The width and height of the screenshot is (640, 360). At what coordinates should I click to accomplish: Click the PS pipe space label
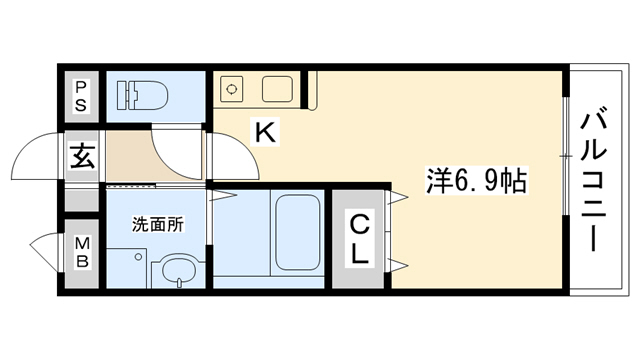(81, 95)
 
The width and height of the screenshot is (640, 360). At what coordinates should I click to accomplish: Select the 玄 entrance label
(82, 157)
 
